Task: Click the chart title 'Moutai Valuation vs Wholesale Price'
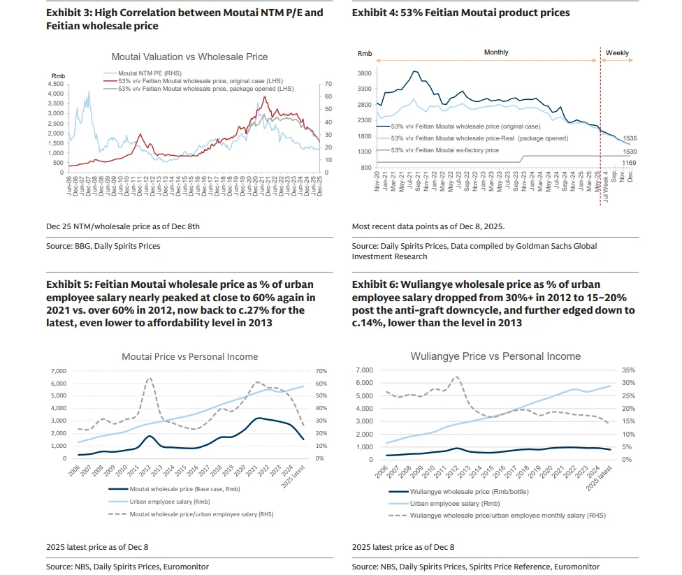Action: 189,57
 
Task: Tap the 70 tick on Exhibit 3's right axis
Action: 328,84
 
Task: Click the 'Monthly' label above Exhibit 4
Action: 496,52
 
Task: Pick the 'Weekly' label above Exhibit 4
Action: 617,52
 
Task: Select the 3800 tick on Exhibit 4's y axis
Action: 364,73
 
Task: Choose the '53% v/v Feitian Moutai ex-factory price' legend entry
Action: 455,150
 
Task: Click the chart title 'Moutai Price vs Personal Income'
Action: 189,356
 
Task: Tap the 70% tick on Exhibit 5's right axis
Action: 321,371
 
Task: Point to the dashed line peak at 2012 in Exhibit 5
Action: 149,378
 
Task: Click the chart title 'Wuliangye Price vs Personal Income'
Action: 495,356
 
